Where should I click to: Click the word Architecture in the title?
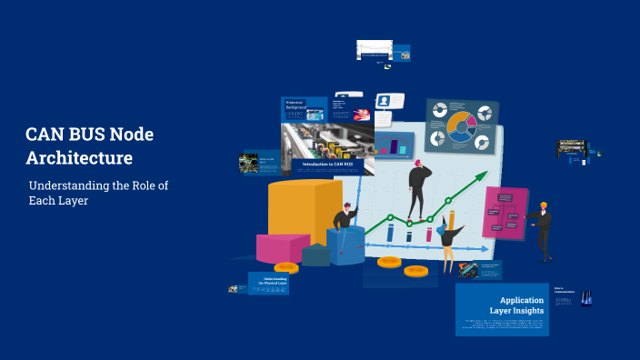tap(79, 157)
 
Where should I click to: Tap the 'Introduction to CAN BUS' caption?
tap(327, 164)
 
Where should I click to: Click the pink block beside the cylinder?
tap(282, 248)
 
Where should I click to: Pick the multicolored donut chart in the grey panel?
tap(461, 127)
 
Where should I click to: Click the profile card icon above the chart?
tap(385, 101)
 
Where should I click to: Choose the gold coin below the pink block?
tap(285, 268)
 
